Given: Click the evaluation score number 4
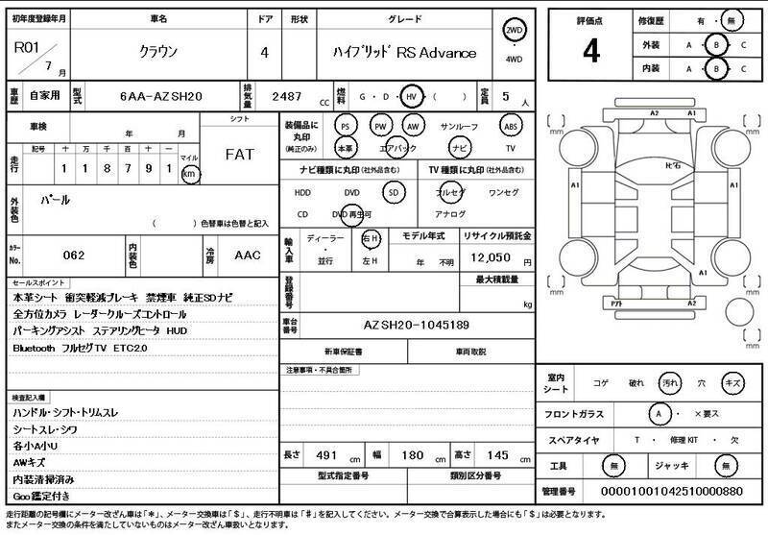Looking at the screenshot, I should click(x=590, y=51).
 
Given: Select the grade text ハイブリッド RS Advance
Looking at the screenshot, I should click(x=404, y=53).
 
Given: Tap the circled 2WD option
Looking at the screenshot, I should click(x=514, y=31).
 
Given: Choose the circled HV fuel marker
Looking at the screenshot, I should click(x=412, y=97).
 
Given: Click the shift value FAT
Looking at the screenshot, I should click(x=240, y=154).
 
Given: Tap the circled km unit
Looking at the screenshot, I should click(x=190, y=174).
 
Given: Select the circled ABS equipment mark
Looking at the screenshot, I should click(x=511, y=126).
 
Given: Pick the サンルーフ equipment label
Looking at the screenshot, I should click(x=459, y=126).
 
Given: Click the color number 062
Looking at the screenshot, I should click(x=73, y=255).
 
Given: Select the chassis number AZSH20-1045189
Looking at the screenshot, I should click(x=417, y=326).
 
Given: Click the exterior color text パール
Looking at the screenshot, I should click(x=53, y=201).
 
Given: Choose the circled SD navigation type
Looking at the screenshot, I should click(x=392, y=192).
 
